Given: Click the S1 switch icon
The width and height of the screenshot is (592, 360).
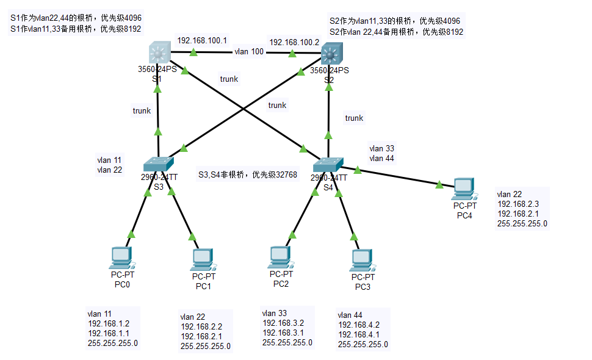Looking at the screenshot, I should (159, 53).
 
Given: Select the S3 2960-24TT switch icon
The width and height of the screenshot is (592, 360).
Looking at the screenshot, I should (159, 164).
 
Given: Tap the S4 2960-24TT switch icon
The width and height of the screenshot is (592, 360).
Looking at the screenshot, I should (329, 165).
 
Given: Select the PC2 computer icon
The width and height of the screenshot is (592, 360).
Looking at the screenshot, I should (280, 257).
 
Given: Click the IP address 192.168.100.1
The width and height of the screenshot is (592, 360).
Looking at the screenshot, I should (202, 40).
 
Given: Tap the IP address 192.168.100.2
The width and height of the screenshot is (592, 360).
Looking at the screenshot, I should (294, 42).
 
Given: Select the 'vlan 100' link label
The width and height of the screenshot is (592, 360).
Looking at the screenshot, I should (249, 52).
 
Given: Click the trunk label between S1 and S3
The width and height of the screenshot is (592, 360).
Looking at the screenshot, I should (142, 110).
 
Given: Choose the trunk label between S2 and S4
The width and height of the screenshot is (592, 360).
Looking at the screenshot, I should (354, 118).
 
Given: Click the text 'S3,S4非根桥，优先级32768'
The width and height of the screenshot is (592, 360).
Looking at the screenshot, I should (247, 175).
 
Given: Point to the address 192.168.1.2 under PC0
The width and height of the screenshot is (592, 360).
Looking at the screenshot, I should (109, 323).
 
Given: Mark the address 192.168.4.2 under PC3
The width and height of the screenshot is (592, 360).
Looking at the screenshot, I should (359, 325).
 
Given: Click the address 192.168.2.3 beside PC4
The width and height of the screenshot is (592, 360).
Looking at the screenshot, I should (518, 204).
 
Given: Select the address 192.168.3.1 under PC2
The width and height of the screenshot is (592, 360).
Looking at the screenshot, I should (283, 333).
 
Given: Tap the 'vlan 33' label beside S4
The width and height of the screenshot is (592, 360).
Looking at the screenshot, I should (381, 148).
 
